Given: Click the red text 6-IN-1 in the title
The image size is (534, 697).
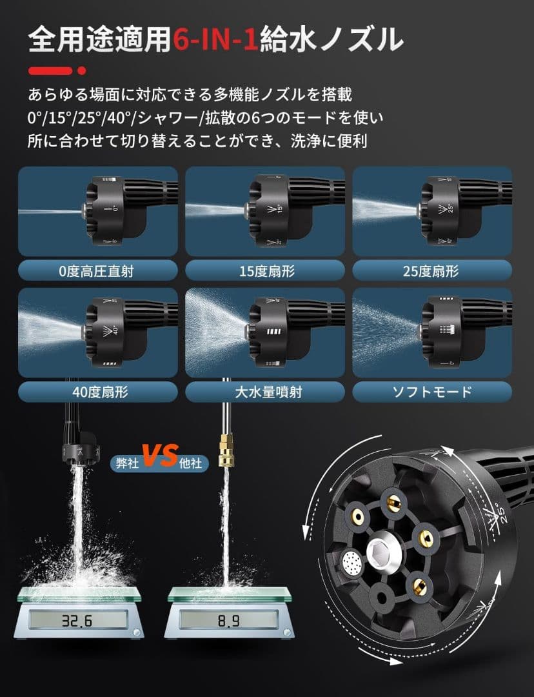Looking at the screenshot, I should pyautogui.click(x=216, y=40).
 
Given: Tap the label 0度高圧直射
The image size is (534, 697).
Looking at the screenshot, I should pyautogui.click(x=98, y=270).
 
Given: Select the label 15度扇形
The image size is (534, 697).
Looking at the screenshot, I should pyautogui.click(x=265, y=270).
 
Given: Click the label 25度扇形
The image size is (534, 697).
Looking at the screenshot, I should pyautogui.click(x=432, y=270).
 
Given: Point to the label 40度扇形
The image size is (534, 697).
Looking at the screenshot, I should pyautogui.click(x=98, y=392).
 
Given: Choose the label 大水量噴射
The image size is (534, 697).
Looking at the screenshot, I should pyautogui.click(x=265, y=392).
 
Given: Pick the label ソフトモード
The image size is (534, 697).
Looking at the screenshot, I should pyautogui.click(x=432, y=392).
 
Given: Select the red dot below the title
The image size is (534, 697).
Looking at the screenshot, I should pyautogui.click(x=82, y=70).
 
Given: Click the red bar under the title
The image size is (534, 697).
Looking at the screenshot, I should pyautogui.click(x=50, y=70).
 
